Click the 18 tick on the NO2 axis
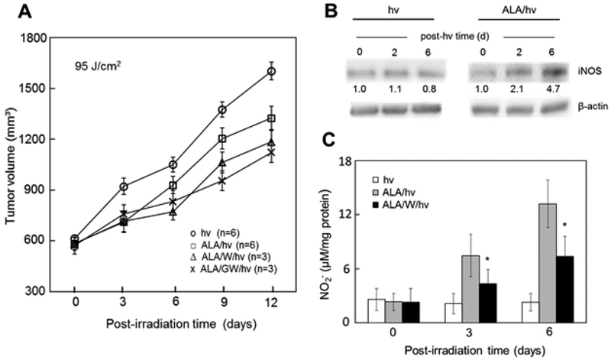354,162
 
